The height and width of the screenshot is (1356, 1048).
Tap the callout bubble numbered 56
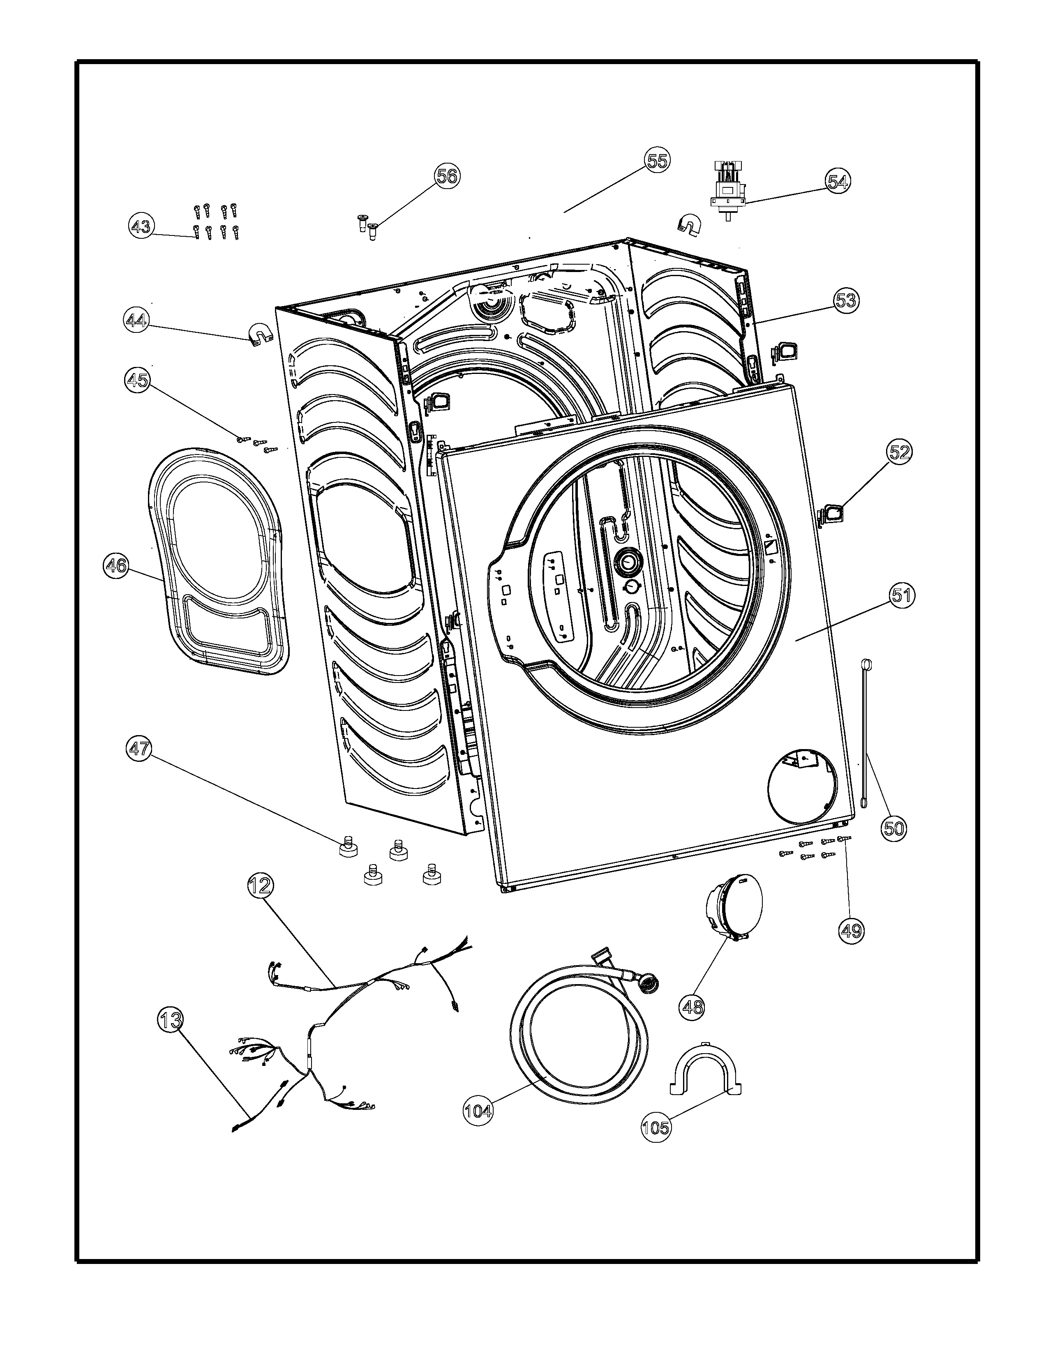446,176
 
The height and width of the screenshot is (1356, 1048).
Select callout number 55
657,161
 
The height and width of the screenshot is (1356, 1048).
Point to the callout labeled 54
838,181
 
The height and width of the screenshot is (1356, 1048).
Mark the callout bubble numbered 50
894,828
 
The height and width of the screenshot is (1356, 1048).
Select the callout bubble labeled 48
693,1005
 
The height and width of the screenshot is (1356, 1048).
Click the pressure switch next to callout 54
727,190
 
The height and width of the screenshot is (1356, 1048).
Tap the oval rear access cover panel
217,559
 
